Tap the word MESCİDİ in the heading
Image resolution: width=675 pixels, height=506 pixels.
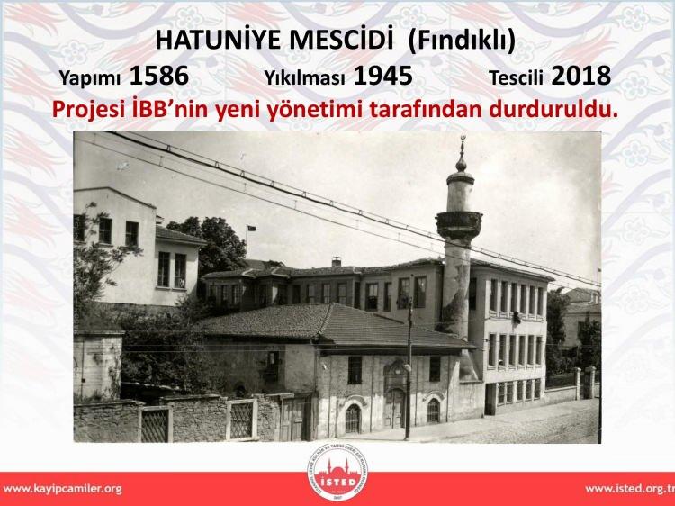[341, 40]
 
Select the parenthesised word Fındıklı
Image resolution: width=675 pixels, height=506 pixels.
[462, 41]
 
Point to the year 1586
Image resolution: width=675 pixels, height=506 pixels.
[158, 76]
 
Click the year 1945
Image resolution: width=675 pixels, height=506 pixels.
[382, 76]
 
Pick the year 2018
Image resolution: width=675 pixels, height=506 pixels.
[580, 76]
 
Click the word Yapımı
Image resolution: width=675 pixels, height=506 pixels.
[89, 78]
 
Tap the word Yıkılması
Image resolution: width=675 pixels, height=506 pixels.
[304, 77]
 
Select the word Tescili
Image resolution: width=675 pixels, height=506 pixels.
[516, 77]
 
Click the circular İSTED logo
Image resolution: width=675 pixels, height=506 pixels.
[337, 473]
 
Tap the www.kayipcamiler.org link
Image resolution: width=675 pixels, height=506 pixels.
[62, 489]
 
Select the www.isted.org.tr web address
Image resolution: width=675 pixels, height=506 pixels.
[630, 489]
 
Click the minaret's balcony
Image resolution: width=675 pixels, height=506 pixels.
[459, 225]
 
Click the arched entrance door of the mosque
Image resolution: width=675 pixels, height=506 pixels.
[394, 407]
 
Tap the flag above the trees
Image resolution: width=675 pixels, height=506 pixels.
[252, 228]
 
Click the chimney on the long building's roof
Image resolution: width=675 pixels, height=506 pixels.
[337, 261]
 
